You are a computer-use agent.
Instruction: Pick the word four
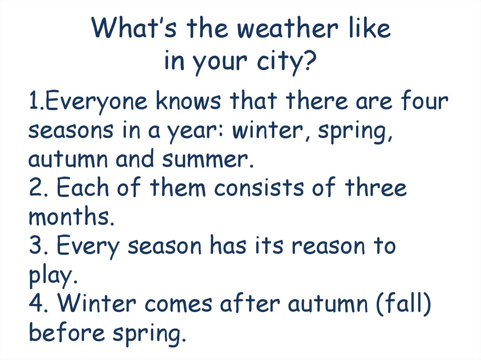(x=426, y=101)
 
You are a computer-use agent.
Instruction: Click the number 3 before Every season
(x=35, y=246)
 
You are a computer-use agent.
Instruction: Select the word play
(x=50, y=276)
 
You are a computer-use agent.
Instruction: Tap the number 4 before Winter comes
(x=36, y=304)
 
